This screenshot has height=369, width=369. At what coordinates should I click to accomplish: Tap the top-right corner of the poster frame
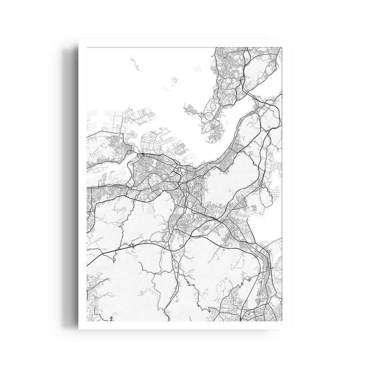tap(290, 42)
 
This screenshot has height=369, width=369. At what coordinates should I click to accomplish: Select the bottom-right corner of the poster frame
tap(290, 327)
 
